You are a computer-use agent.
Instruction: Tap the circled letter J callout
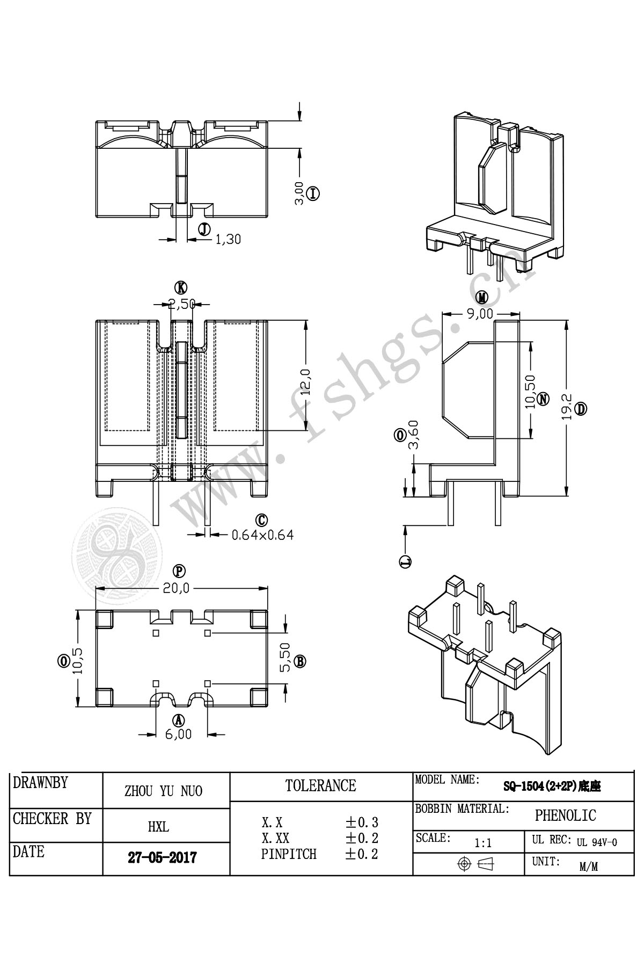(x=204, y=229)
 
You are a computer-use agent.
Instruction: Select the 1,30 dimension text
(x=228, y=240)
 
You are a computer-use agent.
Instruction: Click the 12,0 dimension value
(x=306, y=382)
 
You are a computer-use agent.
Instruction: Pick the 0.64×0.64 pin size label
(x=262, y=535)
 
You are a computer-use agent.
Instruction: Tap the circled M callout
(x=482, y=297)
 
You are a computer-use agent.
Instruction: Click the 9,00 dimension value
(x=479, y=314)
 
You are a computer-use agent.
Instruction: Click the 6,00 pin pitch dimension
(x=178, y=734)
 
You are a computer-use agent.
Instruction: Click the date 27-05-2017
(x=162, y=857)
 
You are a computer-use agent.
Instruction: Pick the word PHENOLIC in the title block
(x=565, y=816)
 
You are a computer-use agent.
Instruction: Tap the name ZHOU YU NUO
(x=163, y=791)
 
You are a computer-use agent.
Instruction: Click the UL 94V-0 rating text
(x=597, y=842)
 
